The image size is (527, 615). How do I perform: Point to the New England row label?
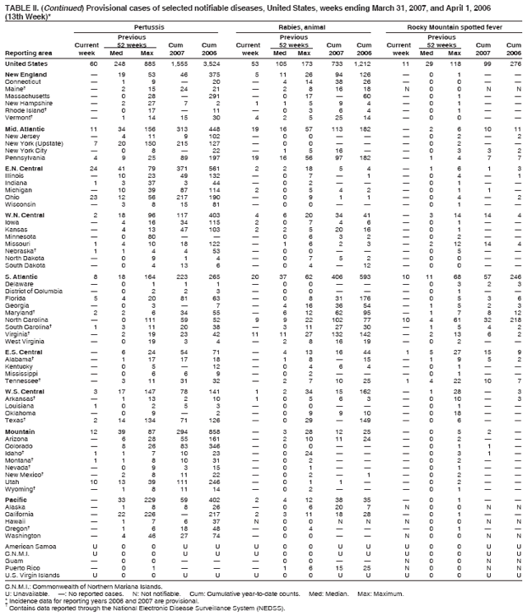25,75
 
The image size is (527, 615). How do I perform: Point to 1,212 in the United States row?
362,63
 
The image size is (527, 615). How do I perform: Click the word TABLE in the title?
16,6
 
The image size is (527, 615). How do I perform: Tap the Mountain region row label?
21,431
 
